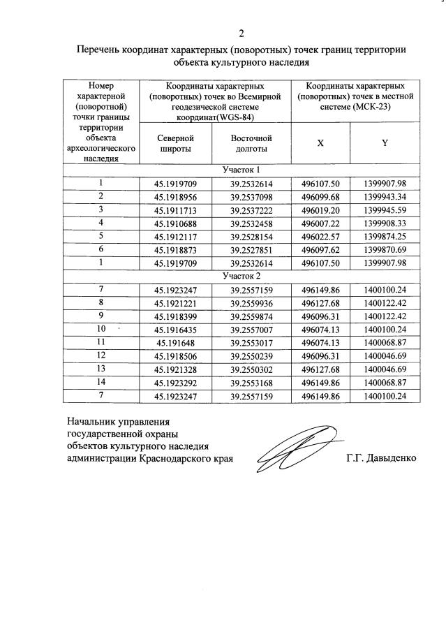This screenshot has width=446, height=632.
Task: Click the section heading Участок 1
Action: [x=241, y=170]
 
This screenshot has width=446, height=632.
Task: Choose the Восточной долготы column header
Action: [x=251, y=144]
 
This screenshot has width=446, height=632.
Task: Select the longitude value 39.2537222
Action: [x=251, y=210]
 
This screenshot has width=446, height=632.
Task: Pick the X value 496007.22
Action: [x=320, y=223]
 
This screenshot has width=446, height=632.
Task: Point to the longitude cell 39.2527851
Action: [x=251, y=249]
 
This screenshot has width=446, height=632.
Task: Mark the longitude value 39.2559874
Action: [x=251, y=316]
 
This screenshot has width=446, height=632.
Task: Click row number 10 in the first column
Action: [x=101, y=328]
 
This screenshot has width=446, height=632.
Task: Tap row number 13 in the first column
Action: [x=101, y=369]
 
